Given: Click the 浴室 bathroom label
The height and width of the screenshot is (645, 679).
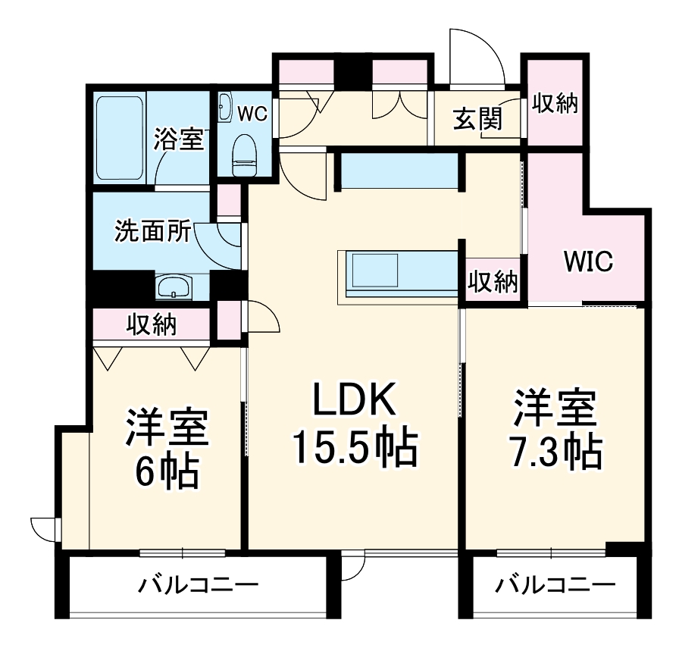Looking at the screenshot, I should (x=180, y=139).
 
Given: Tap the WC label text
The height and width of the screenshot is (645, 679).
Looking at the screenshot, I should (x=252, y=114).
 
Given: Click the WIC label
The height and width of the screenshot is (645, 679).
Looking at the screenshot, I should (x=588, y=261).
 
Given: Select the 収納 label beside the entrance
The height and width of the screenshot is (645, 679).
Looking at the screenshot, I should (x=555, y=102).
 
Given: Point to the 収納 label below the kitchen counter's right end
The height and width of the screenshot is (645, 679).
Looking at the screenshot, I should (x=493, y=282).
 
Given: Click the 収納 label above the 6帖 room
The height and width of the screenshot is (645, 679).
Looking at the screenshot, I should (x=152, y=324).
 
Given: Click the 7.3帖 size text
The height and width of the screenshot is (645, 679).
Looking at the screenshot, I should (x=556, y=452).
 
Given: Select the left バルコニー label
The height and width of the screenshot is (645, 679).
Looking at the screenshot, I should (x=199, y=585).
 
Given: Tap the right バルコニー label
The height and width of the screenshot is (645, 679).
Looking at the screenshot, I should (x=555, y=585).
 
